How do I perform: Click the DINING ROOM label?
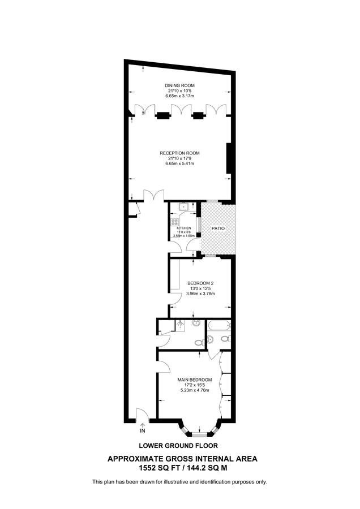tap(179, 85)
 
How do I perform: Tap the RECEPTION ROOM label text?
tap(179, 153)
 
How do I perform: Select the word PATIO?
tap(218, 228)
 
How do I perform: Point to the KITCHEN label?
tap(185, 227)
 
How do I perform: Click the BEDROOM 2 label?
tap(200, 283)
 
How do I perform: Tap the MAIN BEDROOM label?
tap(195, 379)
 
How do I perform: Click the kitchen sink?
tap(177, 208)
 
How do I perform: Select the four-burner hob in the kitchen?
tap(175, 222)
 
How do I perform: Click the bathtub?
tap(218, 326)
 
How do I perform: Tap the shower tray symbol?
tap(179, 325)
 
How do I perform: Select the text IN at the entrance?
tap(142, 431)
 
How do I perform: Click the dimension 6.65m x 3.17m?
tap(179, 96)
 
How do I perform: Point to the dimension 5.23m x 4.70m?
tap(195, 390)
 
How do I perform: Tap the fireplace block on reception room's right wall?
tap(229, 158)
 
